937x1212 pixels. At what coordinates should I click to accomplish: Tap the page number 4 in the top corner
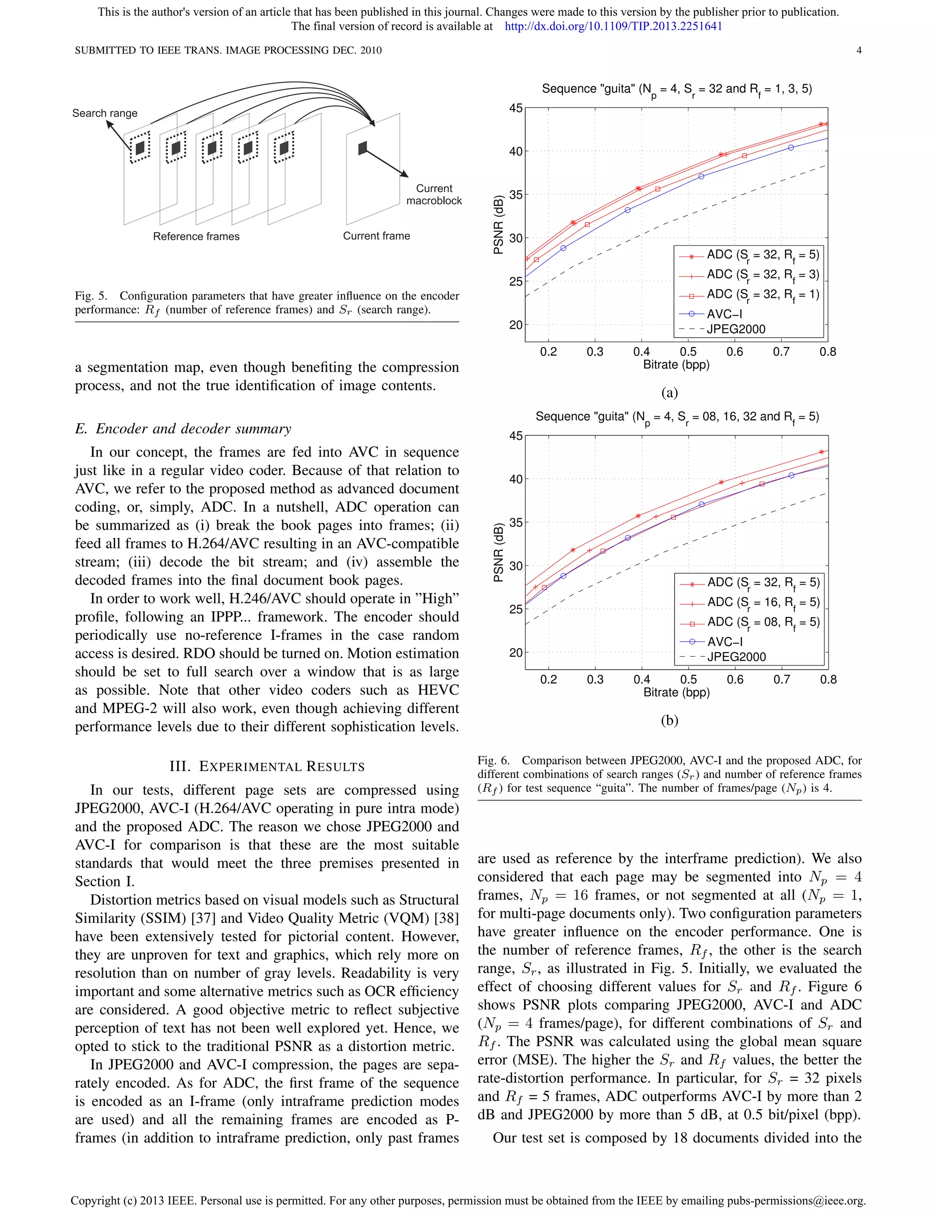[x=859, y=50]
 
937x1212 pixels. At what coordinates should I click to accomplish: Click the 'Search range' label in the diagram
[x=105, y=113]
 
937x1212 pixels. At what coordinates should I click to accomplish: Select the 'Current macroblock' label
[x=434, y=195]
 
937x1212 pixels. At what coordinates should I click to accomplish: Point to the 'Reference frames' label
[x=196, y=236]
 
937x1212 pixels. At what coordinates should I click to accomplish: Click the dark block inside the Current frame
[x=362, y=148]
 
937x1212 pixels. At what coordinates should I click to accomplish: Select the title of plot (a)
[x=677, y=89]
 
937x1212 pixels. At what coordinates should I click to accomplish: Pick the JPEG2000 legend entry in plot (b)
[x=736, y=657]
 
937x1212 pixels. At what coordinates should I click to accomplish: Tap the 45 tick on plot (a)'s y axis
[x=516, y=108]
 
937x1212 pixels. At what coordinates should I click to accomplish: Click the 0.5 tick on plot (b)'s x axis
[x=688, y=680]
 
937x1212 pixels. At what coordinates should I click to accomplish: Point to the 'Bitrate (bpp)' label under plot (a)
[x=676, y=365]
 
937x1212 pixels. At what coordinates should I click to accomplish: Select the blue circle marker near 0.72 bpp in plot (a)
[x=791, y=148]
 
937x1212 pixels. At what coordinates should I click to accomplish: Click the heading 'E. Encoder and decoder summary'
[x=183, y=429]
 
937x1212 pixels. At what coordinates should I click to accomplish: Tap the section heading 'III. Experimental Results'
[x=267, y=767]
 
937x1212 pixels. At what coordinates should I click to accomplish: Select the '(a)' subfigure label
[x=669, y=393]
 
